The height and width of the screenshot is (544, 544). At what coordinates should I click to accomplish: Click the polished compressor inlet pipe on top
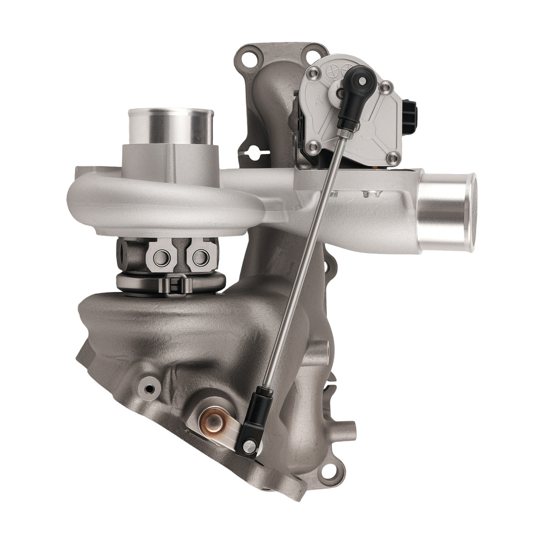[170, 126]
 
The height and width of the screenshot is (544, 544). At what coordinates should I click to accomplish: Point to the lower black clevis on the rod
[256, 419]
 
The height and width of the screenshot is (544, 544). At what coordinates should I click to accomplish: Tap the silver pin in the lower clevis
[250, 447]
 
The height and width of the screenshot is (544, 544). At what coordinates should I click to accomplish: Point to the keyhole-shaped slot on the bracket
[254, 152]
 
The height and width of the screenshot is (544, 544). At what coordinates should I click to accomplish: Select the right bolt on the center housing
[200, 257]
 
